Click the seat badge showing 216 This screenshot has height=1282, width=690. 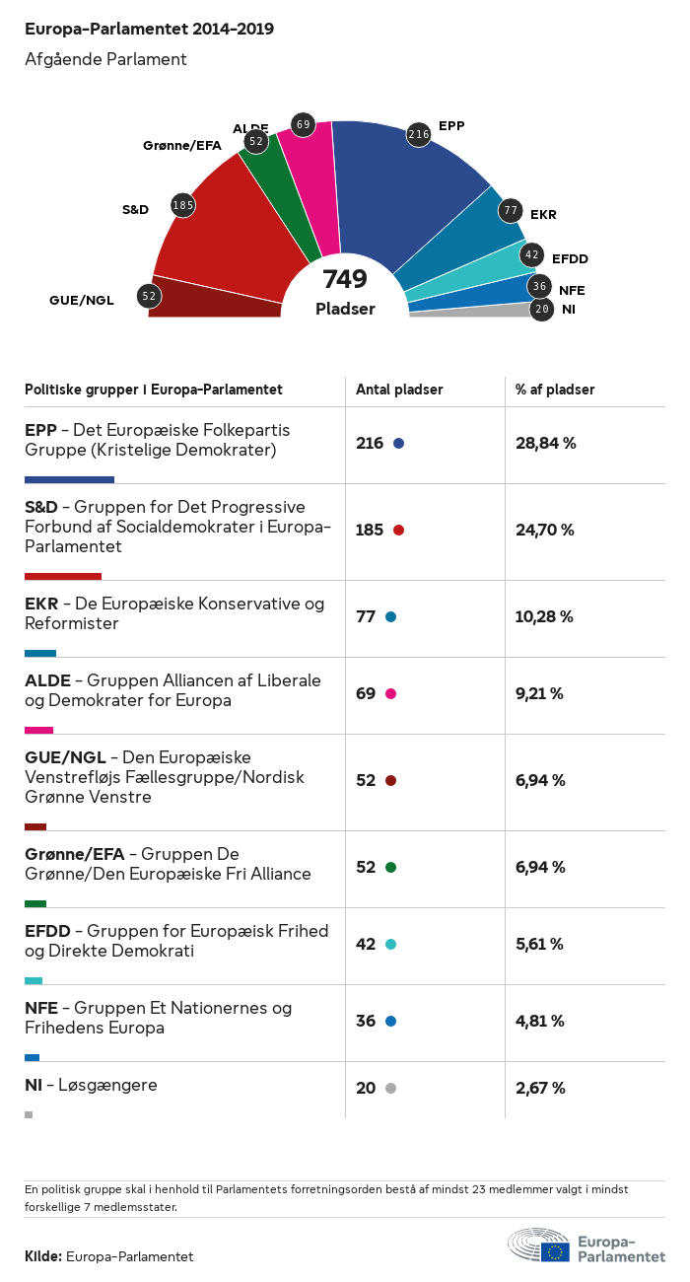(419, 134)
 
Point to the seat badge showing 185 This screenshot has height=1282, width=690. (182, 205)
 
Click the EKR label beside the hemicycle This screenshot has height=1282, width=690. (543, 214)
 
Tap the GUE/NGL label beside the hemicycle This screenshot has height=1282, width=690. (82, 300)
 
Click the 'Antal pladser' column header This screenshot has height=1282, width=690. (399, 390)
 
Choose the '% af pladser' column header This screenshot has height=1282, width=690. (555, 390)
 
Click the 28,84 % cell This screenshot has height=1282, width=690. (545, 444)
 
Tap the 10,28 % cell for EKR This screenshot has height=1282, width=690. (544, 617)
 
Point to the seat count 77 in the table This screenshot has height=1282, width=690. (366, 617)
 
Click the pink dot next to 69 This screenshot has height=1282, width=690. (390, 694)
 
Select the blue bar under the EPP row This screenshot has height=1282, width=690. (69, 479)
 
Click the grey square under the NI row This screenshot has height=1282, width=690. (29, 1114)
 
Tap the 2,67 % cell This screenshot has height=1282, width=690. (540, 1089)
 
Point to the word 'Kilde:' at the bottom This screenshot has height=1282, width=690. (43, 1256)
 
